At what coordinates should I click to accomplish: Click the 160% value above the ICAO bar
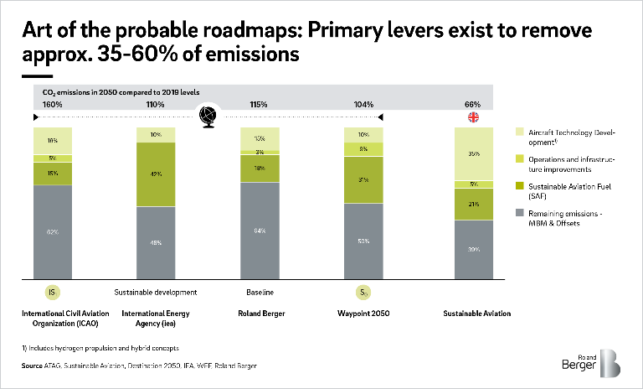click(52, 105)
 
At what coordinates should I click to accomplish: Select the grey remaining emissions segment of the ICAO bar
click(52, 231)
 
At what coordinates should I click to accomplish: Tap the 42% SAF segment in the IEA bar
click(156, 174)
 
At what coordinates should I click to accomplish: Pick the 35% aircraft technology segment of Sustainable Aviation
click(473, 153)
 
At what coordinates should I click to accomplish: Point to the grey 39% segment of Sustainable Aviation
click(473, 249)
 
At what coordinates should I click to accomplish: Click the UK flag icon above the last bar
click(473, 117)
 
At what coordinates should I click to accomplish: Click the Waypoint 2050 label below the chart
click(364, 314)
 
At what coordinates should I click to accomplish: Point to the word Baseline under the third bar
click(259, 293)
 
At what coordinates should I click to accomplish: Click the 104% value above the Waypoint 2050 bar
click(364, 105)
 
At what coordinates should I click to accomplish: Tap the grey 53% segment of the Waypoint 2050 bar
click(364, 241)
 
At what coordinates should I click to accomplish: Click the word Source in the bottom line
click(32, 366)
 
